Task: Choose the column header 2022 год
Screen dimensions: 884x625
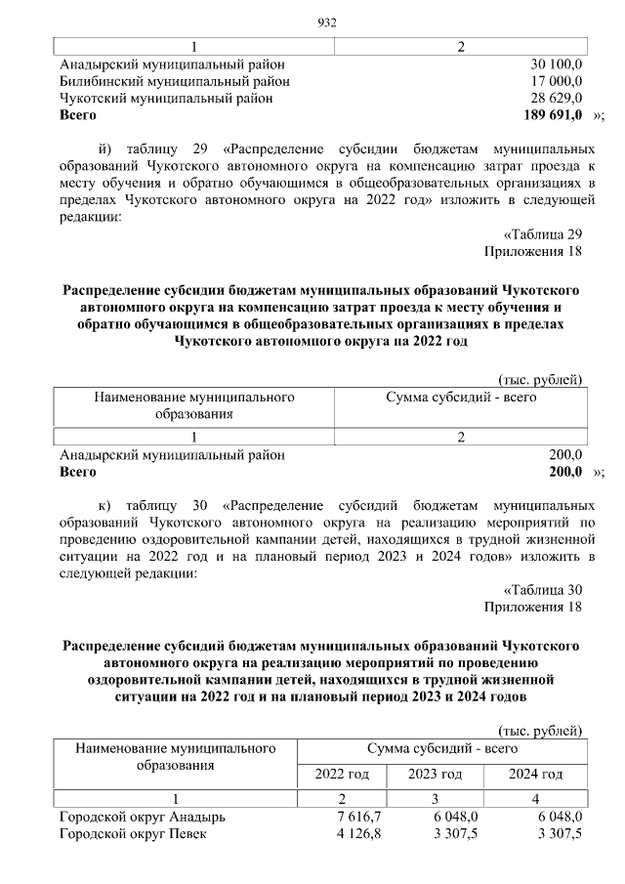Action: [341, 775]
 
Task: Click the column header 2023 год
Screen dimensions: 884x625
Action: [435, 775]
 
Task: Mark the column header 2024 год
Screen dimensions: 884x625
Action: [536, 775]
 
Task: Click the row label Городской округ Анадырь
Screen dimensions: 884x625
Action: [143, 817]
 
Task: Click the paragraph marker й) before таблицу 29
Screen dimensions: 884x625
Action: [107, 148]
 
